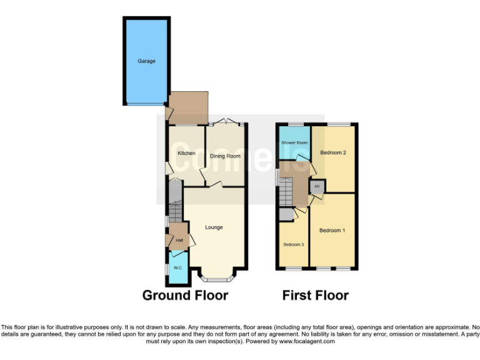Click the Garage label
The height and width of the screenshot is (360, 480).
coord(146,61)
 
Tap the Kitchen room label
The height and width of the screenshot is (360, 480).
coord(186,153)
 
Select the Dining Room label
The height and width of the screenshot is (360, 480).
coord(225,156)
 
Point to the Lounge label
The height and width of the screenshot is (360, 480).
coord(214,227)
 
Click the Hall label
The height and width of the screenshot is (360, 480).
coord(179,241)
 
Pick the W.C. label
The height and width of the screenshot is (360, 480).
coord(177,268)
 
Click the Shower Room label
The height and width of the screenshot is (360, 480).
coord(294,142)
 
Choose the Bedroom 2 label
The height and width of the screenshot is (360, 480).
coord(333,152)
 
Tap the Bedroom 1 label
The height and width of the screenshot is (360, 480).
coord(332,231)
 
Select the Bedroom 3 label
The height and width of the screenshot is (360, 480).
coord(293,244)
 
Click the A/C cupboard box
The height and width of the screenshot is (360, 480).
coord(317,186)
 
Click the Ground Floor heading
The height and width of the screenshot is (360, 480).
coord(185,295)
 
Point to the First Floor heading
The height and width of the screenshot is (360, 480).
coord(315,295)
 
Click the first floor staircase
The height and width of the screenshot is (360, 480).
coord(286,191)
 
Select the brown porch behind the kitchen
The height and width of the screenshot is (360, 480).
coord(187,108)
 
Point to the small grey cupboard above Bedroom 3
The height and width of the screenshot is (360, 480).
coord(286,214)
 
